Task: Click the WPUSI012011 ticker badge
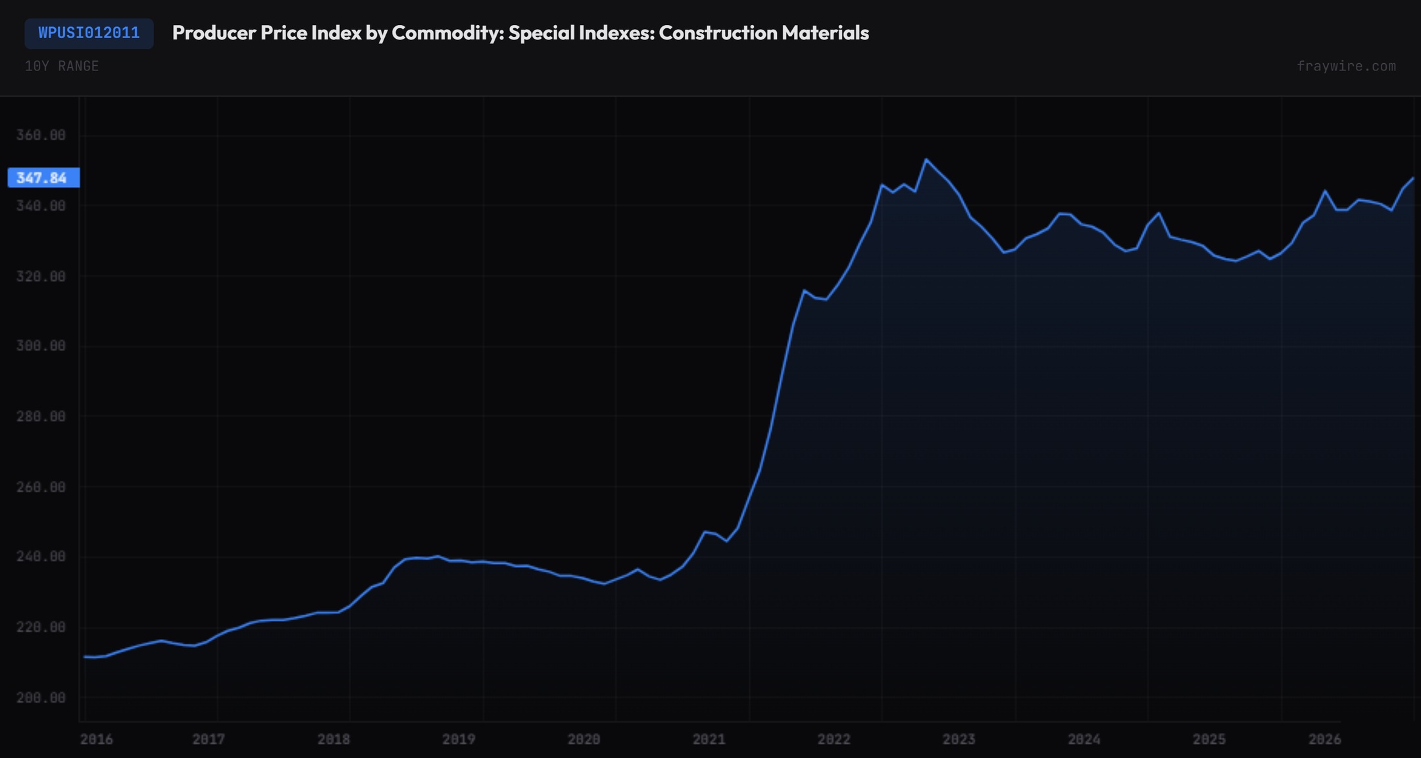pyautogui.click(x=89, y=33)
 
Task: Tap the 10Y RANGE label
pyautogui.click(x=62, y=66)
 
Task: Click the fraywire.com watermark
pyautogui.click(x=1346, y=66)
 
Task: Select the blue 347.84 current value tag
pyautogui.click(x=43, y=178)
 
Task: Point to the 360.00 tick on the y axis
pyautogui.click(x=41, y=135)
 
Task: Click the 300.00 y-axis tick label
pyautogui.click(x=41, y=346)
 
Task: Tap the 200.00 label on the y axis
pyautogui.click(x=41, y=697)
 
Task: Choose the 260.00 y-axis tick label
pyautogui.click(x=41, y=487)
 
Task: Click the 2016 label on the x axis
pyautogui.click(x=96, y=740)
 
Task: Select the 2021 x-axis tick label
pyautogui.click(x=709, y=740)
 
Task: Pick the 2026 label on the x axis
pyautogui.click(x=1324, y=740)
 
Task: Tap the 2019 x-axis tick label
pyautogui.click(x=459, y=740)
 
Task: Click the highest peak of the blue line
pyautogui.click(x=926, y=160)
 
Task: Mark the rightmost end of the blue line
pyautogui.click(x=1413, y=178)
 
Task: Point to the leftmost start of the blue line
pyautogui.click(x=85, y=657)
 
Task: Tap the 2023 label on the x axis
pyautogui.click(x=959, y=740)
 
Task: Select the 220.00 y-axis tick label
pyautogui.click(x=41, y=627)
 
